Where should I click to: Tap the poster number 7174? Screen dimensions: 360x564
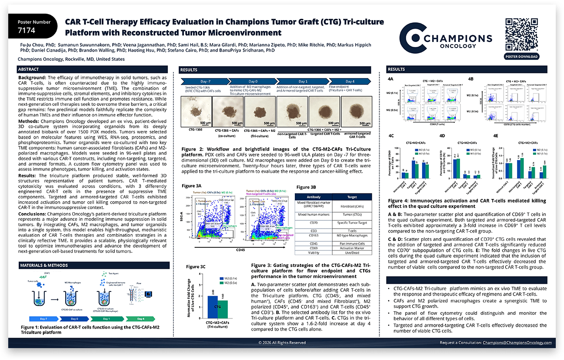coord(26,31)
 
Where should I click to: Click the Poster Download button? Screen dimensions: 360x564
coord(522,57)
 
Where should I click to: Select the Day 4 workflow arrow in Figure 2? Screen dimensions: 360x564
coord(349,81)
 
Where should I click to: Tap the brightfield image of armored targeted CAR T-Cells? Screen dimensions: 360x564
coord(356,111)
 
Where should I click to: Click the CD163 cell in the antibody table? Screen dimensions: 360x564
coord(313,235)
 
